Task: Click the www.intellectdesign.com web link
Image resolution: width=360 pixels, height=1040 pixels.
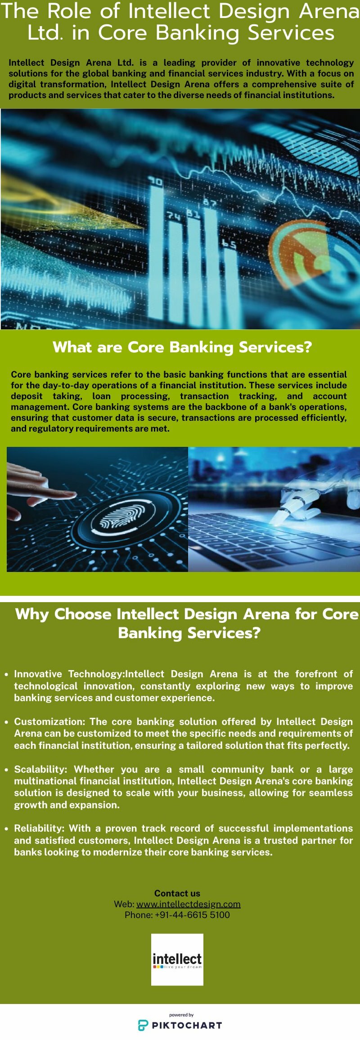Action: [189, 904]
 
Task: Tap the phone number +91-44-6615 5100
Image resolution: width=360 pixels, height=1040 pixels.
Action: [192, 915]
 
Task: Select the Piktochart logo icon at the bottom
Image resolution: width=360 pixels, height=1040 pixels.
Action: [143, 1025]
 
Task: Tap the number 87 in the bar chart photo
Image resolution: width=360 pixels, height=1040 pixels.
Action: [210, 203]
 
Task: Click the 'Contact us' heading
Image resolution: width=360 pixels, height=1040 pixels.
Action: [177, 893]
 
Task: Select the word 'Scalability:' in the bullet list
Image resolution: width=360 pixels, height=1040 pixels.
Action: [40, 769]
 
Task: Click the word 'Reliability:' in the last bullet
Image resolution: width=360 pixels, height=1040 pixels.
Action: [40, 828]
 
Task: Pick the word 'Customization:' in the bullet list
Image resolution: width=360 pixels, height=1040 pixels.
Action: [49, 721]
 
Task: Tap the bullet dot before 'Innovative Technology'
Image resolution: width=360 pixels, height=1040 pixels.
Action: [6, 675]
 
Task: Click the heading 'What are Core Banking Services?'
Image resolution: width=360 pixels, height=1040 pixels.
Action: [182, 347]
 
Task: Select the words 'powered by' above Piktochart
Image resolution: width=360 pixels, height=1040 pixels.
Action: [181, 1015]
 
